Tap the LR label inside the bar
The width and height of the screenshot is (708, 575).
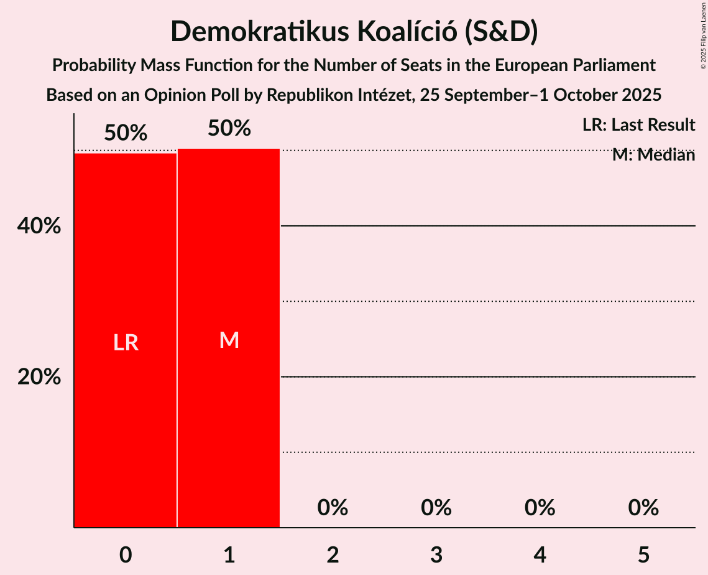[x=126, y=342]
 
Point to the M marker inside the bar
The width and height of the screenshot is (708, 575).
[x=229, y=340]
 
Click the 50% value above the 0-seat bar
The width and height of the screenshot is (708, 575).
[x=126, y=133]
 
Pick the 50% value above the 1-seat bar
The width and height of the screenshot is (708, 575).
[x=229, y=128]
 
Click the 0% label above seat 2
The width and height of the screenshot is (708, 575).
[x=333, y=508]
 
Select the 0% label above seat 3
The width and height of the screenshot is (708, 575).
[x=436, y=508]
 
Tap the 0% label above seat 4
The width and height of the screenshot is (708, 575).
[x=540, y=508]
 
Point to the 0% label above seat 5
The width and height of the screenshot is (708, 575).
[x=643, y=508]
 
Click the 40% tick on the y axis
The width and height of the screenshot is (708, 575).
[x=39, y=227]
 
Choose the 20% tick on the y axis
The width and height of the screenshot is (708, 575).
[x=39, y=377]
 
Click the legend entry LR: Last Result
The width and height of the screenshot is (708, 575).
[x=638, y=125]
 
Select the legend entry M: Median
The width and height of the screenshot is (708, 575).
[x=653, y=155]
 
